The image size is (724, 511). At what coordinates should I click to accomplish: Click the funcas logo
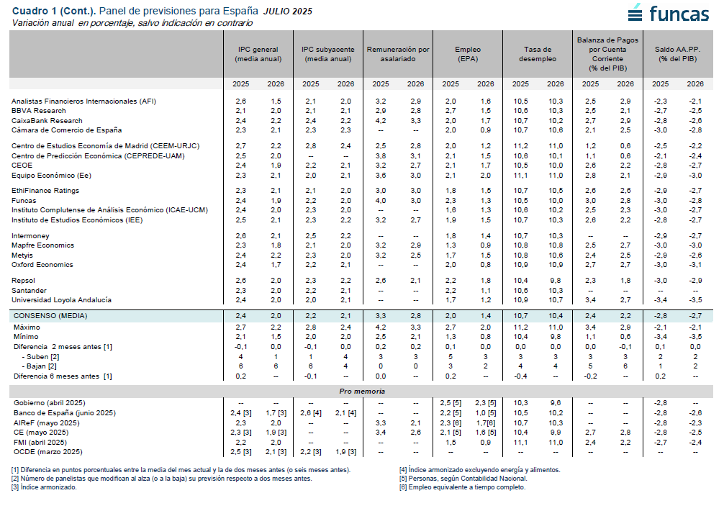pyautogui.click(x=668, y=13)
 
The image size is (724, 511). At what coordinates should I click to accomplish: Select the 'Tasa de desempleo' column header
pyautogui.click(x=538, y=54)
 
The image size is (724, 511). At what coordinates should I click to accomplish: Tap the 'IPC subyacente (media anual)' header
pyautogui.click(x=328, y=54)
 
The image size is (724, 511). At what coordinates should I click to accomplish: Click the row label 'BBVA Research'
pyautogui.click(x=39, y=111)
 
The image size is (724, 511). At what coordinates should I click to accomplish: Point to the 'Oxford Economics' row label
pyautogui.click(x=42, y=265)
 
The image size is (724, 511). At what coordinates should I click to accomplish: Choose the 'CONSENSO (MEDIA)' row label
pyautogui.click(x=50, y=316)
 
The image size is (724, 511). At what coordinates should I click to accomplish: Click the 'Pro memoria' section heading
pyautogui.click(x=362, y=392)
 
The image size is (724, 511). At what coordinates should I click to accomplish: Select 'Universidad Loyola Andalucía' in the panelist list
pyautogui.click(x=61, y=300)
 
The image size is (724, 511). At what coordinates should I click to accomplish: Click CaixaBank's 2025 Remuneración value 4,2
pyautogui.click(x=381, y=121)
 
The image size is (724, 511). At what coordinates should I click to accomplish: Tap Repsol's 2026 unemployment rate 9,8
pyautogui.click(x=556, y=281)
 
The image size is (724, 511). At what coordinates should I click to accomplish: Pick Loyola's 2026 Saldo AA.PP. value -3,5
pyautogui.click(x=695, y=300)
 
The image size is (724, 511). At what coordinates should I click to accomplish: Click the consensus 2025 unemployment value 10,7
pyautogui.click(x=520, y=316)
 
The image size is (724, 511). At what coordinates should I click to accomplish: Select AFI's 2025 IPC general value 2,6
pyautogui.click(x=240, y=101)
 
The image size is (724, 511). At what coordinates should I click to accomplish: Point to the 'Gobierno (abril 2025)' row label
pyautogui.click(x=50, y=403)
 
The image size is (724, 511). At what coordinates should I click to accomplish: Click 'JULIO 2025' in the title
pyautogui.click(x=288, y=12)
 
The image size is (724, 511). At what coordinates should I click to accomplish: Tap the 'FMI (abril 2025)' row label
pyautogui.click(x=40, y=442)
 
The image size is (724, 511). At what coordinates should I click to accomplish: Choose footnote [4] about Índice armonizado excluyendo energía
pyautogui.click(x=480, y=470)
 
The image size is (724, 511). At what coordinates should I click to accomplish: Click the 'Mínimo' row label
pyautogui.click(x=26, y=337)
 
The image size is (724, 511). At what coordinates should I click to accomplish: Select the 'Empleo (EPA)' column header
pyautogui.click(x=468, y=54)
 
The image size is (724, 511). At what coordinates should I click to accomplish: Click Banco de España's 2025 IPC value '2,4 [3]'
pyautogui.click(x=240, y=413)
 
